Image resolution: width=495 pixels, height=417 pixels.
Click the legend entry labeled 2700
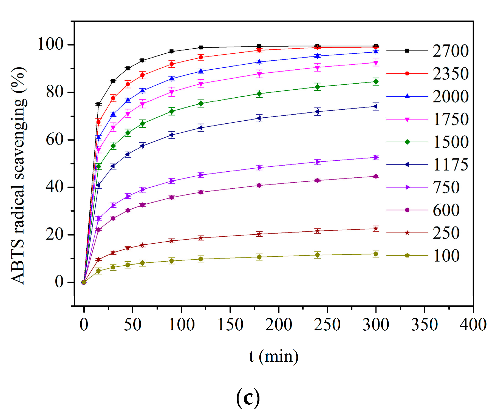tap(451, 51)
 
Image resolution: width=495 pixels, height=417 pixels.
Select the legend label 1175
tap(451, 165)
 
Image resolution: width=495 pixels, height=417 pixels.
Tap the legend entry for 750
tap(446, 188)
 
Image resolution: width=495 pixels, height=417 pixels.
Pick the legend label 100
tap(446, 256)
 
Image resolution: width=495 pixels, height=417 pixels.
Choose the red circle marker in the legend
tap(407, 73)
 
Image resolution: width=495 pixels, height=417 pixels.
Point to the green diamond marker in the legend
tap(407, 142)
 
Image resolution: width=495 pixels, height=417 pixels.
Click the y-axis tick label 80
tap(55, 92)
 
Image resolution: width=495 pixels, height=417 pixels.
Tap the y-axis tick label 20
tap(55, 235)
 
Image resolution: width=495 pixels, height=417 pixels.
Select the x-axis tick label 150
tap(230, 325)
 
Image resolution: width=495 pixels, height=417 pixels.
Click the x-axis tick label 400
tap(473, 325)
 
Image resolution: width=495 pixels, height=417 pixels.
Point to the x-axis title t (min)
tap(274, 356)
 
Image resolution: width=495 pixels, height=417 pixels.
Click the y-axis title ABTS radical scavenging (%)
tap(19, 175)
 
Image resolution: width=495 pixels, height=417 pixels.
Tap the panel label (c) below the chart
tap(248, 398)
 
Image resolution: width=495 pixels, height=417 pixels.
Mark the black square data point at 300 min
tap(376, 46)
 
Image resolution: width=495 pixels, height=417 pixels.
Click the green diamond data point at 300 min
tap(376, 82)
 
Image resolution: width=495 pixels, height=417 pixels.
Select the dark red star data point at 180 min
tap(259, 234)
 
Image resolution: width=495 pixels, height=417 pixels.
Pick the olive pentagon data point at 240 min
tap(318, 255)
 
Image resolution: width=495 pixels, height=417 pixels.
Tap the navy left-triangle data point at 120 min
tap(201, 128)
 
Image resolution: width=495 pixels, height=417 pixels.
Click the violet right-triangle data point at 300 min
tap(376, 157)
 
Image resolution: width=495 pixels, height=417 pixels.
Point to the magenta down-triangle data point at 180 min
tap(259, 74)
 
